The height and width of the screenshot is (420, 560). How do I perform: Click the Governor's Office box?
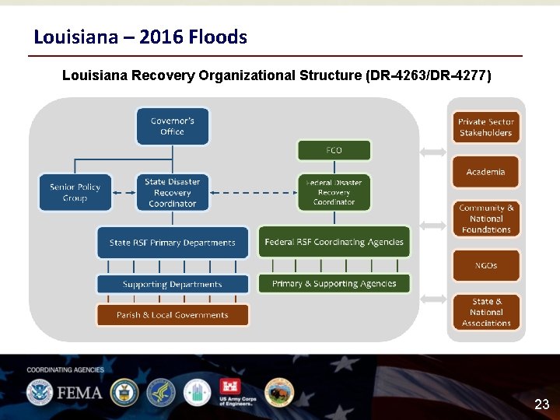pos(172,127)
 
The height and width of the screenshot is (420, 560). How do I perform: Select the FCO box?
pos(334,150)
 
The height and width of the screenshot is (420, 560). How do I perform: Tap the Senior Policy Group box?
pos(75,193)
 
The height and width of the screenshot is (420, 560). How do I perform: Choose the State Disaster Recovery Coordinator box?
pos(172,193)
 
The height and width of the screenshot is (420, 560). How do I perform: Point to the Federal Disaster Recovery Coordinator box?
pos(334,193)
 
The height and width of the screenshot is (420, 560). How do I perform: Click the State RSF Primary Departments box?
pos(172,243)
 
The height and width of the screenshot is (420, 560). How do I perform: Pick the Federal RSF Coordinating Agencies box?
pos(334,242)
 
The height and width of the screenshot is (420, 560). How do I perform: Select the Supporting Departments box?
pos(172,285)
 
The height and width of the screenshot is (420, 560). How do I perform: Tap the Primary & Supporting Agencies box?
pos(334,284)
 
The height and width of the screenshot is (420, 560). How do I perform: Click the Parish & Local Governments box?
pos(172,315)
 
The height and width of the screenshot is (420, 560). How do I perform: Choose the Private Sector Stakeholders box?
pos(485,128)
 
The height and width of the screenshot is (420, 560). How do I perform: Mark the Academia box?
pos(485,172)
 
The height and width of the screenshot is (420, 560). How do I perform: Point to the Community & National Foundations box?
pos(485,219)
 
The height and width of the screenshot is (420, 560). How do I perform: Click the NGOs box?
pos(485,265)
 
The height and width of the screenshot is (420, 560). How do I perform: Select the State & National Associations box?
pos(485,312)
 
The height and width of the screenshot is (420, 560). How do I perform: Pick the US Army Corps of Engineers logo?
pos(234,394)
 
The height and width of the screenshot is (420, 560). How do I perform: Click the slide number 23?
pos(541,404)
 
